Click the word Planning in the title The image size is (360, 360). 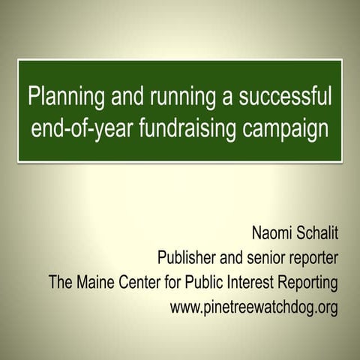click(59, 97)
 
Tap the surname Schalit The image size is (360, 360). click(316, 235)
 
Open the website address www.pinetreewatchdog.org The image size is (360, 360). click(254, 307)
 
